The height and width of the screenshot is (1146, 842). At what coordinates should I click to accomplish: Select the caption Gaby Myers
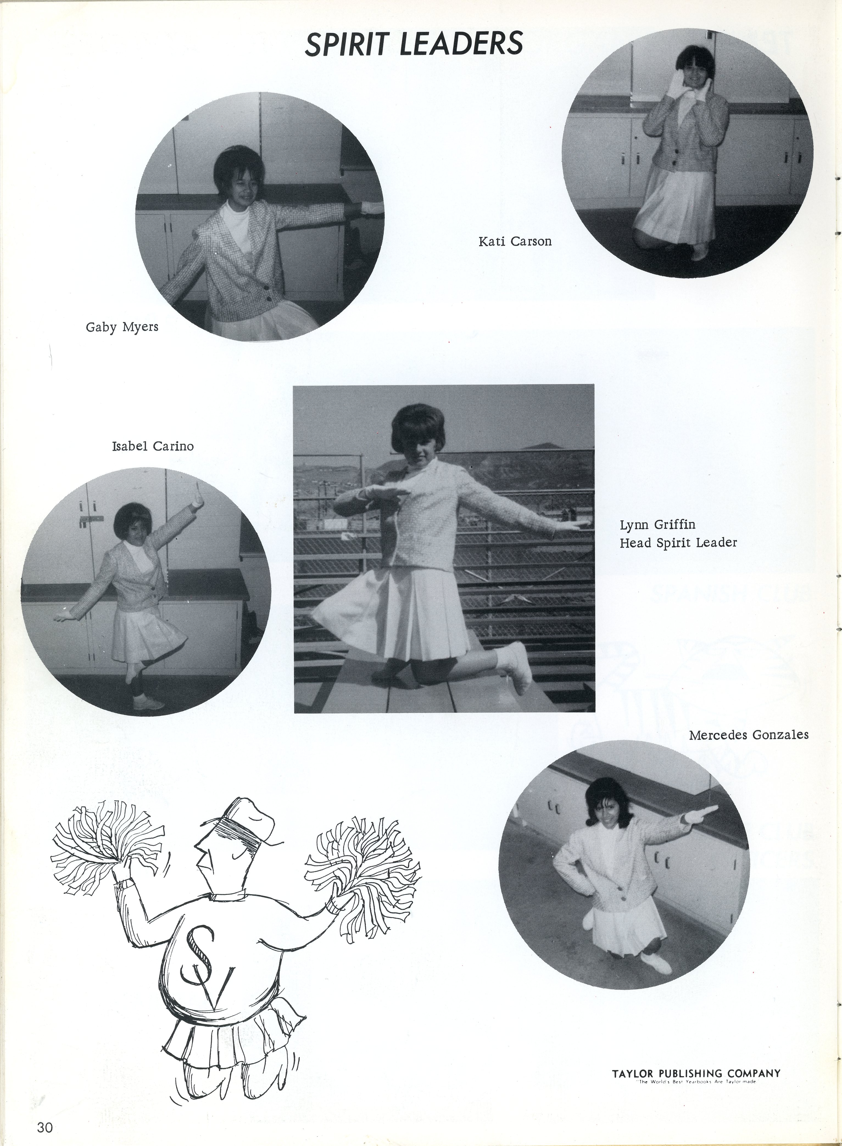point(122,327)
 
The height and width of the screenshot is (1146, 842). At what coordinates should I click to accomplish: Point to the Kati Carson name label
point(515,241)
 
